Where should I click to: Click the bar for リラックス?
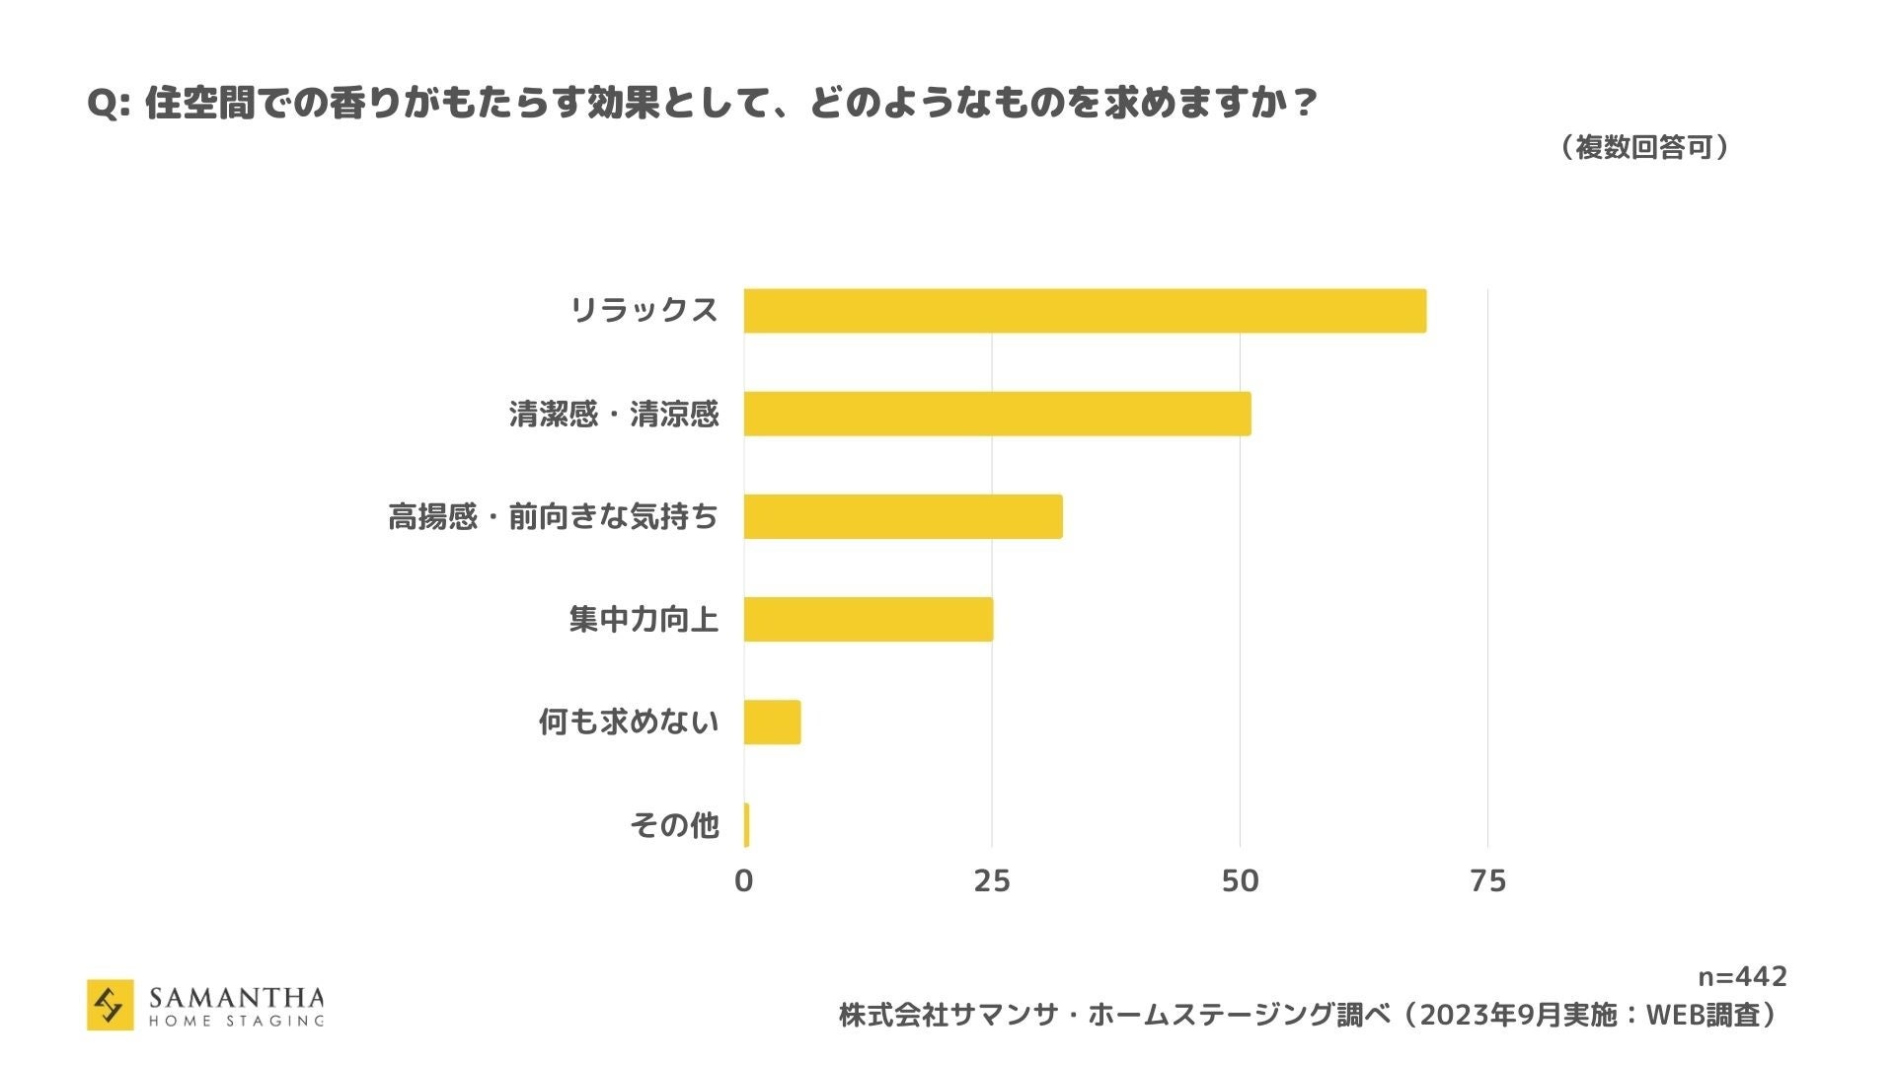1085,311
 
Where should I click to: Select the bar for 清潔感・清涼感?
997,414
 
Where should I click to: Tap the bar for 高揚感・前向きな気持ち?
903,516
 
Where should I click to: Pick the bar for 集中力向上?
869,619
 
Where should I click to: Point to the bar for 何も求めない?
772,722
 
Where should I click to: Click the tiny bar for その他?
747,825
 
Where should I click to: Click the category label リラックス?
644,311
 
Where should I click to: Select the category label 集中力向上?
644,619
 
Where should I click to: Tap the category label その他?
674,825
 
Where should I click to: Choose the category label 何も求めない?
629,722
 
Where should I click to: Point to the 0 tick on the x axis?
744,881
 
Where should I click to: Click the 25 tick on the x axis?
992,881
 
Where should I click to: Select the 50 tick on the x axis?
1240,881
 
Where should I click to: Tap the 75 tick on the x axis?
1487,881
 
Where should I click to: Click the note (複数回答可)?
1644,148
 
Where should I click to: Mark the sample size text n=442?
1742,977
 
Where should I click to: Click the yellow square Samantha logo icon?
110,1005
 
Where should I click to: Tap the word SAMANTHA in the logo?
236,997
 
